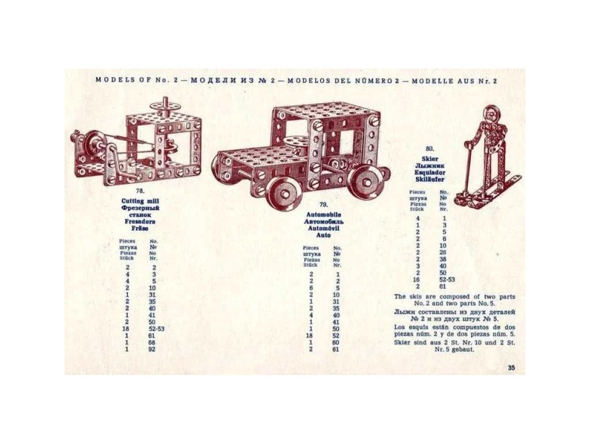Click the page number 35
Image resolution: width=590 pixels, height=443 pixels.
coord(512,368)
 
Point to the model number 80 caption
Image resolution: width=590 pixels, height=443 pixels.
coord(429,148)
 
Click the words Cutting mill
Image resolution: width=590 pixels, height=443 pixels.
coord(140,201)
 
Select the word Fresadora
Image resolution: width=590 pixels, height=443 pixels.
coord(140,221)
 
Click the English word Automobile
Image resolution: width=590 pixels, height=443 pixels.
coord(323,215)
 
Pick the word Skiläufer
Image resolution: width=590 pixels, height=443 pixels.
coord(429,179)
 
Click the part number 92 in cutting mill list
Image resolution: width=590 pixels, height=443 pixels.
coord(152,349)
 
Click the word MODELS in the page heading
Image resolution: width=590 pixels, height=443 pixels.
coord(114,80)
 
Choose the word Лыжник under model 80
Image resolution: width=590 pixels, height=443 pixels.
coord(429,165)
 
